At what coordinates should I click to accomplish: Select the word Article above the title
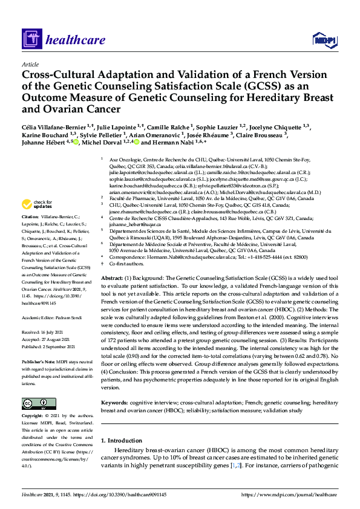tap(30, 64)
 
